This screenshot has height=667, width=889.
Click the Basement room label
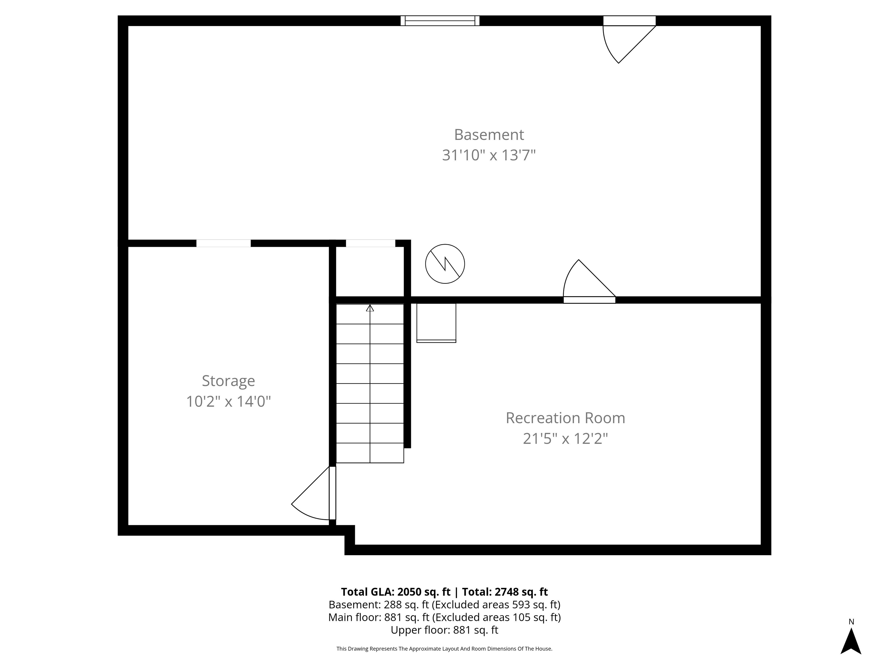click(489, 135)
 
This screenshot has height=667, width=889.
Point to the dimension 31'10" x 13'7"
click(489, 155)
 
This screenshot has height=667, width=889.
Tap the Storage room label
click(228, 381)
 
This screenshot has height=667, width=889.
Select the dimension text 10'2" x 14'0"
click(228, 401)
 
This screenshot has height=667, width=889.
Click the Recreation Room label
click(565, 418)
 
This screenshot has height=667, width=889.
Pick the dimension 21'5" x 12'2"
click(565, 438)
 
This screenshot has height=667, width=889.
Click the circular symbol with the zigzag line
click(445, 264)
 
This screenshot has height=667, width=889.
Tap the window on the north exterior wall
click(440, 21)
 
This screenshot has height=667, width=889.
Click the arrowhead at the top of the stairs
click(370, 308)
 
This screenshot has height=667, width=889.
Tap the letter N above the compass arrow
click(851, 622)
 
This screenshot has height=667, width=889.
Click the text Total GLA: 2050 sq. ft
click(396, 592)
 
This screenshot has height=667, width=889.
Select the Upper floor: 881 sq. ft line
click(444, 630)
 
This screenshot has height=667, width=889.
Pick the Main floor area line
click(444, 617)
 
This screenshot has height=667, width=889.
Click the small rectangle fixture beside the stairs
click(436, 323)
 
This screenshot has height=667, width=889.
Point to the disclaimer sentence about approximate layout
click(444, 648)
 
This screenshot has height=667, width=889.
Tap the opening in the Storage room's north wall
click(223, 243)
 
